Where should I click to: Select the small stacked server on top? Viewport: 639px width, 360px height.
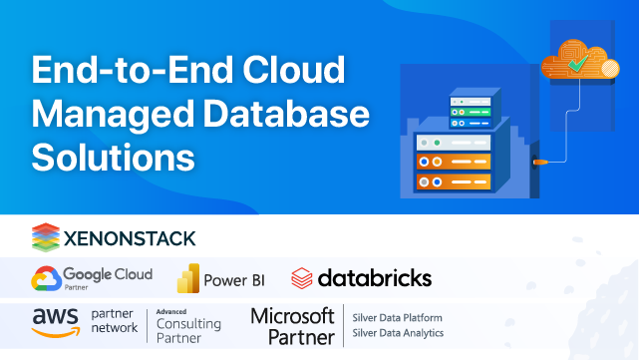pyautogui.click(x=473, y=107)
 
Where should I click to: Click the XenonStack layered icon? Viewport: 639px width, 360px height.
pyautogui.click(x=45, y=237)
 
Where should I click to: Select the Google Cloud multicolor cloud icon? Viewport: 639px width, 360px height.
pyautogui.click(x=45, y=278)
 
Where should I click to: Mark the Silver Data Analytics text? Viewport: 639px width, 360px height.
pyautogui.click(x=399, y=333)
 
